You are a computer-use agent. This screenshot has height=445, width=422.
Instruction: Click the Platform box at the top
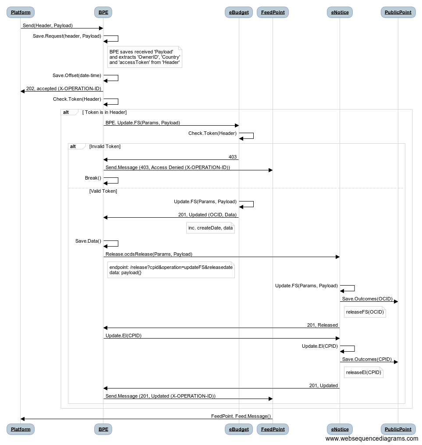[x=21, y=12]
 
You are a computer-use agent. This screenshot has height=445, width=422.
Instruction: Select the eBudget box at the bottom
[x=238, y=429]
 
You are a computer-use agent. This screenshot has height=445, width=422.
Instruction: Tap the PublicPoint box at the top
[x=398, y=12]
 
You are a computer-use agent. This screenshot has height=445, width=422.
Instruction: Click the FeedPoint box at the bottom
[x=273, y=429]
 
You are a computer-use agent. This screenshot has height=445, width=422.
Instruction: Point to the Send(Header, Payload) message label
[x=48, y=25]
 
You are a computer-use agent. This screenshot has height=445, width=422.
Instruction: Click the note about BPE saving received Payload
[x=145, y=57]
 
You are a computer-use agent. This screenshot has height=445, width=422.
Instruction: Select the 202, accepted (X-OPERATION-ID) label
[x=64, y=88]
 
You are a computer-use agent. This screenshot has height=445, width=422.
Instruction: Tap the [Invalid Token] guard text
[x=105, y=146]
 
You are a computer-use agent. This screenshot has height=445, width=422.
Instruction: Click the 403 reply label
[x=233, y=157]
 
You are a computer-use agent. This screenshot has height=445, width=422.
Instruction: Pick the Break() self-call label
[x=93, y=178]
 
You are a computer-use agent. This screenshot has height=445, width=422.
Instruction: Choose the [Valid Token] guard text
[x=103, y=191]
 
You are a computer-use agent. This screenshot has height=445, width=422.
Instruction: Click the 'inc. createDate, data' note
[x=210, y=228]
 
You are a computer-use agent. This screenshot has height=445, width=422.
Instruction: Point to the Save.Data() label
[x=88, y=241]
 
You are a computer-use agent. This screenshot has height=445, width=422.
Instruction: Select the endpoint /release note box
[x=171, y=270]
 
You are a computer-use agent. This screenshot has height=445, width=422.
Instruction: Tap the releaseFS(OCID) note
[x=365, y=312]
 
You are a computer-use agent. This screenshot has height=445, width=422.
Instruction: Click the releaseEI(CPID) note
[x=364, y=372]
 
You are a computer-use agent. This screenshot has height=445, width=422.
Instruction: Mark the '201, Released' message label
[x=323, y=325]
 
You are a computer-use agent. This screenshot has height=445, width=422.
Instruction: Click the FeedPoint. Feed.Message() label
[x=241, y=416]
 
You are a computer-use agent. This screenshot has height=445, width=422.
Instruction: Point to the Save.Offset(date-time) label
[x=77, y=75]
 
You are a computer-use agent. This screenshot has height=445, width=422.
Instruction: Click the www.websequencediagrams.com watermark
[x=372, y=439]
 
